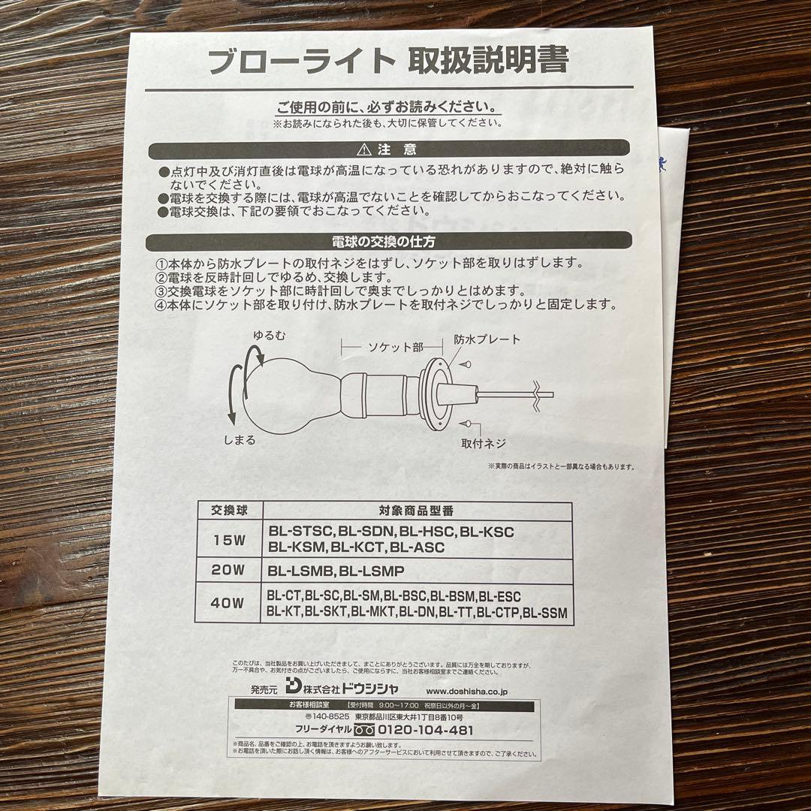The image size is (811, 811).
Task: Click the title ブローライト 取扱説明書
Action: [x=387, y=61]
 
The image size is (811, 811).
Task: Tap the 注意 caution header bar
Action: [x=387, y=149]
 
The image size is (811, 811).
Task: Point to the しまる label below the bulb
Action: [x=240, y=439]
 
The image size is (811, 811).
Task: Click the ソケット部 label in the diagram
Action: [x=394, y=347]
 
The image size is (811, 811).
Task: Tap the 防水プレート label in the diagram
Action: [x=487, y=339]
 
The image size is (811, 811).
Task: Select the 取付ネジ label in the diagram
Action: [x=484, y=443]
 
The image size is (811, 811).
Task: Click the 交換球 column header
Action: [x=228, y=510]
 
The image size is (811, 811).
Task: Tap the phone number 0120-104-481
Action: [x=425, y=730]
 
